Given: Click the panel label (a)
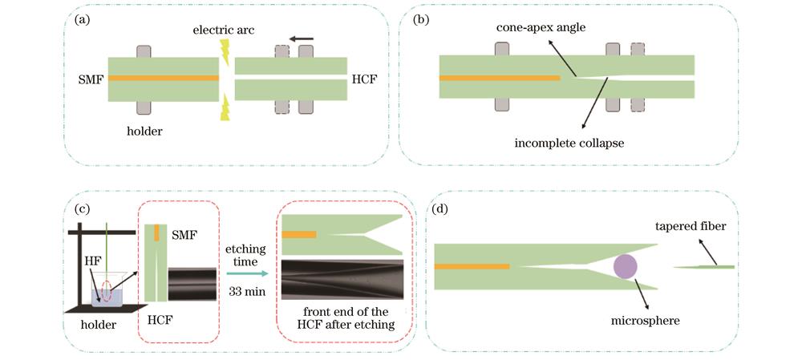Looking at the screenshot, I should [x=81, y=22].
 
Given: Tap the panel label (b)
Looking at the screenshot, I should [x=419, y=22].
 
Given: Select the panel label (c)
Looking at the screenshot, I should [x=81, y=210].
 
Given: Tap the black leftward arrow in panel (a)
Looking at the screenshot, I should [x=301, y=38].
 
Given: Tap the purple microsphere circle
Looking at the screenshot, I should [x=626, y=268].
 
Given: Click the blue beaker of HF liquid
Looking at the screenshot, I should [x=107, y=297].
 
